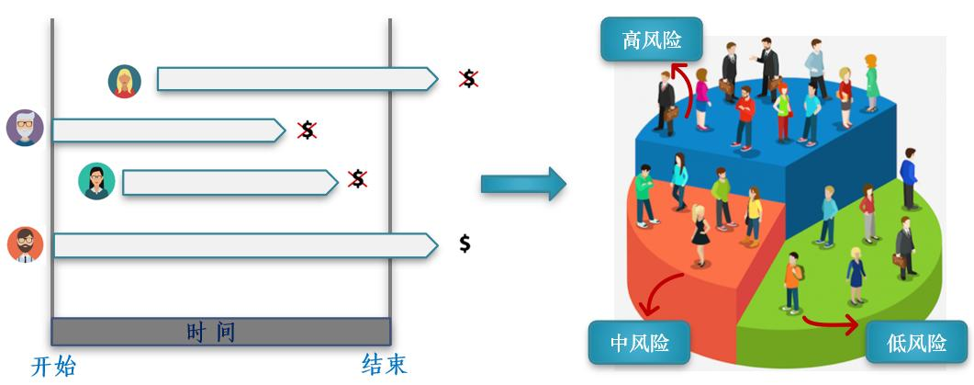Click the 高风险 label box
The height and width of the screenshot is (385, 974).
pos(650,40)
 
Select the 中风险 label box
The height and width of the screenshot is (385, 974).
pos(639,343)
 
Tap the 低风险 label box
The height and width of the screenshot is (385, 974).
pos(917,344)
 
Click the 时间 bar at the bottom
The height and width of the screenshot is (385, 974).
pos(220,331)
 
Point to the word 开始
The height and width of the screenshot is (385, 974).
pos(53,367)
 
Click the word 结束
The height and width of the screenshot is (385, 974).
pos(384,366)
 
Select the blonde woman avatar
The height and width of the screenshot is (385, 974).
pos(124,81)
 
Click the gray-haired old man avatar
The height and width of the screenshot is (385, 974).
pos(25,128)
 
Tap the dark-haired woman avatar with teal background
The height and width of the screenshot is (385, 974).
pos(96,181)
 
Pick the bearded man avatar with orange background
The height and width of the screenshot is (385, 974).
pos(25,244)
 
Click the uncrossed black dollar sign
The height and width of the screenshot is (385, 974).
pos(465,243)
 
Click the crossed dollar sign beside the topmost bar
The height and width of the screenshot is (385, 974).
pos(469,79)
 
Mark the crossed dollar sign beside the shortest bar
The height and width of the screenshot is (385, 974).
pos(308,130)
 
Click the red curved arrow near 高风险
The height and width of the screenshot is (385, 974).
pos(680,79)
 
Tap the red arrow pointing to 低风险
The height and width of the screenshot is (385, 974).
pos(831,322)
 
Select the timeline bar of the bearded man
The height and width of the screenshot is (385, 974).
pos(243,245)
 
